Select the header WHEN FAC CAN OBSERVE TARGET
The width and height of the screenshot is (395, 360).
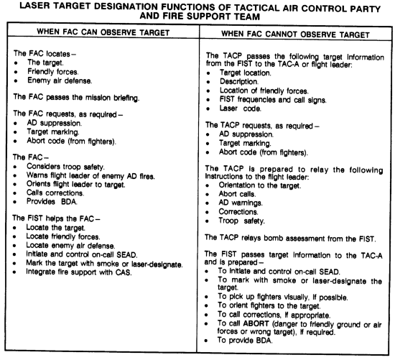coord(103,32)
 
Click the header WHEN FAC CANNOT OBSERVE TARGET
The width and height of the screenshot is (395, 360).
coord(295,34)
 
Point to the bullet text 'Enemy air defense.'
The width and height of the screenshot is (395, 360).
coord(60,80)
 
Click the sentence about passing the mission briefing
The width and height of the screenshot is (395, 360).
coord(76,97)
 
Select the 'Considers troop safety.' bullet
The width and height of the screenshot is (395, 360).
coord(65,167)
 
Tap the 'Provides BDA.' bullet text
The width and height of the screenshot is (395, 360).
coord(52,202)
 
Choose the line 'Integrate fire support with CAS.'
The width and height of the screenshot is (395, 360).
coord(79,272)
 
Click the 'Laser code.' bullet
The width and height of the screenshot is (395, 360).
coord(241,109)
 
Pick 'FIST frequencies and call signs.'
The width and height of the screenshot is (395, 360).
coord(273,100)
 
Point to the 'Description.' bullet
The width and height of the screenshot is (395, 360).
coord(239,82)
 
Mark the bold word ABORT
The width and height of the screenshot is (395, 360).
coord(256,323)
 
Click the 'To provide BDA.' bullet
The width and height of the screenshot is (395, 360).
coord(246,341)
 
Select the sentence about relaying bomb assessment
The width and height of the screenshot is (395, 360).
coord(290,239)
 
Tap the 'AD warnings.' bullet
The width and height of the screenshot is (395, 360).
coord(241,203)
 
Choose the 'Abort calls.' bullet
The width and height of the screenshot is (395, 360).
coord(237,194)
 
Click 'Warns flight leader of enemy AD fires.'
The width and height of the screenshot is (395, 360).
coord(90,176)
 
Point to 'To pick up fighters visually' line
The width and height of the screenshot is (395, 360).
coord(283,297)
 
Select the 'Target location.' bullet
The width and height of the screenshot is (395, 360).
coord(246,73)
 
